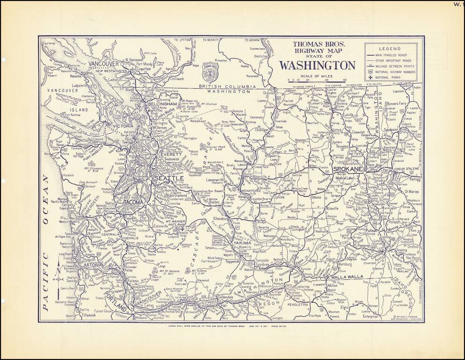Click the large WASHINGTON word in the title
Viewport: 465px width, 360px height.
(317, 65)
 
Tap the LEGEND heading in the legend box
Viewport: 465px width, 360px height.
(390, 49)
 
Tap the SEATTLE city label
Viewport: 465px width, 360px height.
(169, 179)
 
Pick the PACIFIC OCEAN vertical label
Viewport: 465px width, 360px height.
(46, 242)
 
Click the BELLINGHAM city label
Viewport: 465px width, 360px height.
(162, 104)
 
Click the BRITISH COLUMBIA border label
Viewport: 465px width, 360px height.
(227, 87)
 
